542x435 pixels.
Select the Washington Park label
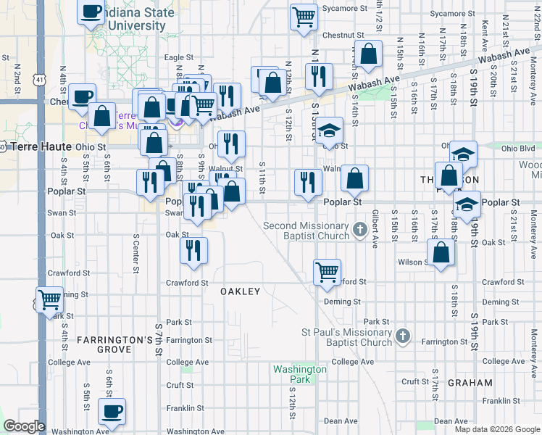click(x=299, y=374)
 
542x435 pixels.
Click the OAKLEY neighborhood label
click(x=240, y=291)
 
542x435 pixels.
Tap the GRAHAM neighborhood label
click(x=470, y=383)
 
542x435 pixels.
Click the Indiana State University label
click(x=141, y=20)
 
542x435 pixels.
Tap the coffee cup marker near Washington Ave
click(x=112, y=412)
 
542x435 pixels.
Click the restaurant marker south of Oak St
click(x=194, y=251)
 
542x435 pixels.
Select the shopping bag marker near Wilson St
click(x=441, y=254)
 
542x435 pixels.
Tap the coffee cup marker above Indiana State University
click(x=92, y=12)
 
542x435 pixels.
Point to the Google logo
click(x=25, y=426)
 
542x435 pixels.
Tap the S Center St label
click(x=135, y=249)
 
